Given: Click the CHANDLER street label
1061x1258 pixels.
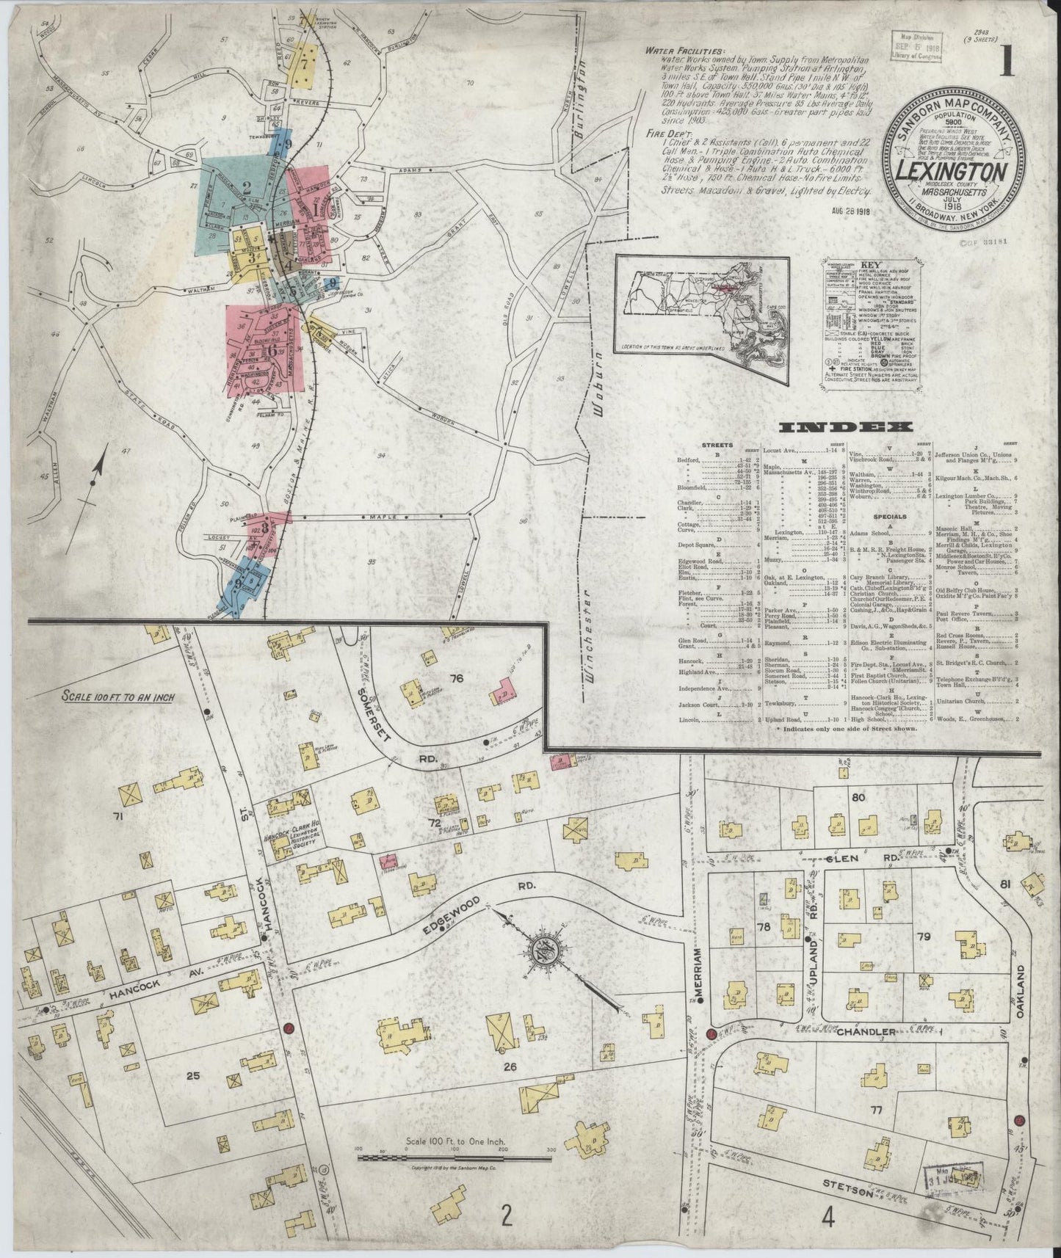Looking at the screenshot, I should [867, 1032].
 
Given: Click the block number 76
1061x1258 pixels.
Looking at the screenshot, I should [456, 678].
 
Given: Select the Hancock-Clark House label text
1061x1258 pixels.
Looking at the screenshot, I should [289, 831].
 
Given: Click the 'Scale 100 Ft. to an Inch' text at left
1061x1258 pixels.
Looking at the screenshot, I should [118, 697].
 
